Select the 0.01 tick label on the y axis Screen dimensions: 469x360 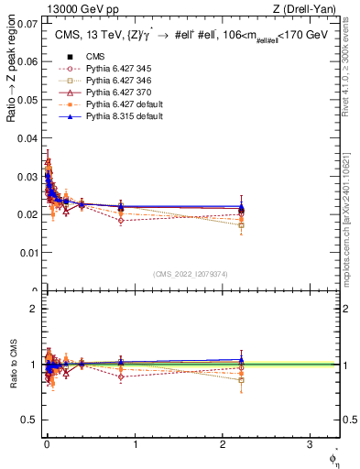(29, 252)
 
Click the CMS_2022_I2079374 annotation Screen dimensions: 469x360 (191, 274)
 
